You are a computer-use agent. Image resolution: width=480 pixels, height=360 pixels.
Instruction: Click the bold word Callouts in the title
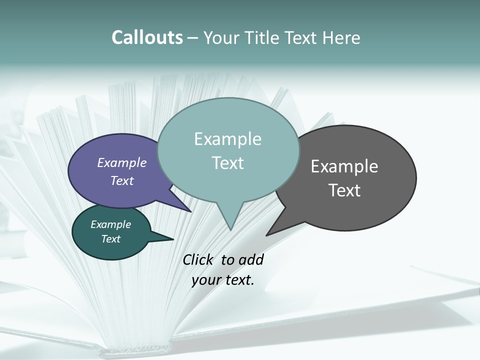click(147, 37)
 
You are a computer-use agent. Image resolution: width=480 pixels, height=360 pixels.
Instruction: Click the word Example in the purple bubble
click(122, 162)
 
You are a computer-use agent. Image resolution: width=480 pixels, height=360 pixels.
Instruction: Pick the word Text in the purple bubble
click(122, 180)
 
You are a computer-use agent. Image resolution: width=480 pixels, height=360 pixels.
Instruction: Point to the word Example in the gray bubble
click(344, 166)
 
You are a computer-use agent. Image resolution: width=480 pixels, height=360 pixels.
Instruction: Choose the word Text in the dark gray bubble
click(344, 190)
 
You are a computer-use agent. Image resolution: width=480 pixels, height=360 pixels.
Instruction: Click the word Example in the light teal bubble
click(227, 139)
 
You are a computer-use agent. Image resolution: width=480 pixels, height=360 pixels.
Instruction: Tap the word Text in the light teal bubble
click(227, 163)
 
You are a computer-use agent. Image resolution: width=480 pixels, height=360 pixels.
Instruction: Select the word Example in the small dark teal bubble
click(110, 224)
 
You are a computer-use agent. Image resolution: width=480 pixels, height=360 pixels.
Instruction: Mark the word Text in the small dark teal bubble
click(110, 239)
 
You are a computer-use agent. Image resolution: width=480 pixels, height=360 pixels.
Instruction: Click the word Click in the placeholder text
click(197, 259)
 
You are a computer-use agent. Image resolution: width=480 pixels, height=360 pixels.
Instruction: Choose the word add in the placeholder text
click(251, 259)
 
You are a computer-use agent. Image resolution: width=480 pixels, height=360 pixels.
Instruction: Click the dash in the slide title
click(193, 37)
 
